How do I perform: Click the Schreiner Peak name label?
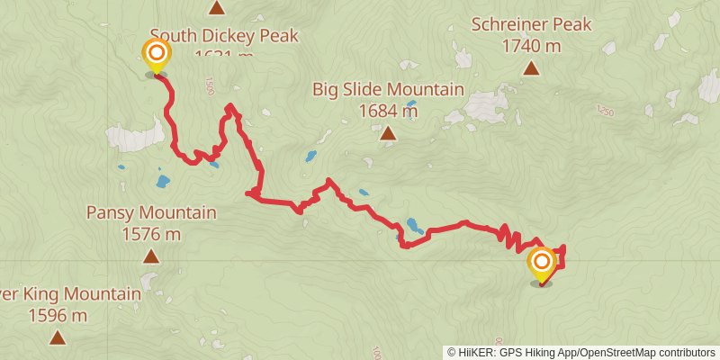tap(531, 24)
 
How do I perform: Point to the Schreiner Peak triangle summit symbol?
tap(532, 67)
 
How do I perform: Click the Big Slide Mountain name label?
tap(388, 89)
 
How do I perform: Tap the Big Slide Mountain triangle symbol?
tap(388, 134)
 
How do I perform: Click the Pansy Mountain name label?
tap(151, 213)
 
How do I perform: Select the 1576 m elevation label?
tap(151, 234)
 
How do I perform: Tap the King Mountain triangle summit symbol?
tap(58, 337)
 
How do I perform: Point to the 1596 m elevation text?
tap(58, 315)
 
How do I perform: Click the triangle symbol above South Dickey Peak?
tap(216, 9)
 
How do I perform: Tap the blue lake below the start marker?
tap(162, 181)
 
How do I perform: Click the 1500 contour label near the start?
tap(210, 86)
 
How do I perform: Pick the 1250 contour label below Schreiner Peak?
tap(606, 111)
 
